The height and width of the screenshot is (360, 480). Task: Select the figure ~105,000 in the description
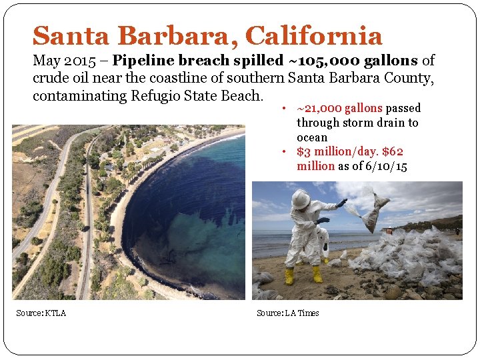(323, 61)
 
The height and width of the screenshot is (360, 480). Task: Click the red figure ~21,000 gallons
(340, 108)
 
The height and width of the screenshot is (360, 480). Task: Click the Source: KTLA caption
(41, 313)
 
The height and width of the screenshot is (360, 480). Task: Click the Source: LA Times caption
(288, 313)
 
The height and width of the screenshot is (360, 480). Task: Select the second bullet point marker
(283, 152)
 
